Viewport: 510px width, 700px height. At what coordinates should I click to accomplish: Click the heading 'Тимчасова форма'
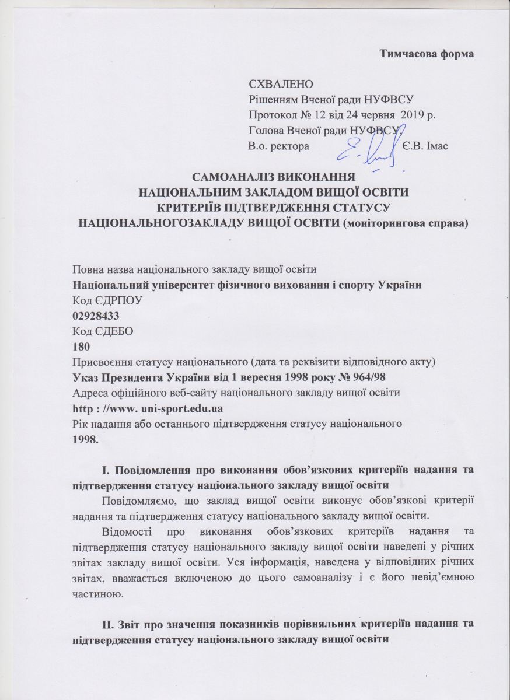click(426, 54)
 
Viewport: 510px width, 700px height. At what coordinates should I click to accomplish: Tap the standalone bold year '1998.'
click(85, 437)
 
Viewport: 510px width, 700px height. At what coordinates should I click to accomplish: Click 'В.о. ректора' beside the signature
click(278, 145)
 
